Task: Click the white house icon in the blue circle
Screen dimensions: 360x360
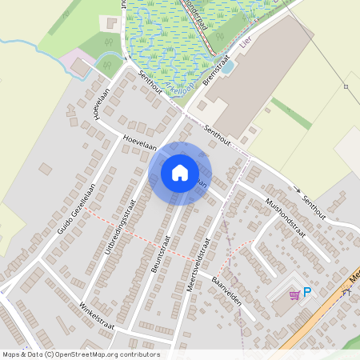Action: [180, 172]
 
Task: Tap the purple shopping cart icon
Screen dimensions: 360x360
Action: [294, 294]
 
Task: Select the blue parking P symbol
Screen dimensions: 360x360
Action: [306, 294]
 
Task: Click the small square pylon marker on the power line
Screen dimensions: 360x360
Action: [346, 86]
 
